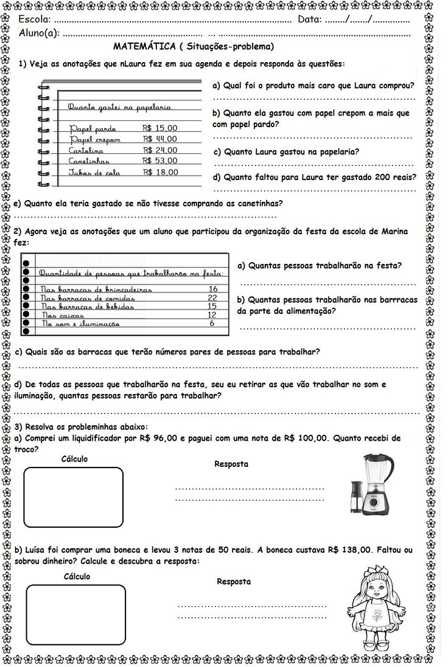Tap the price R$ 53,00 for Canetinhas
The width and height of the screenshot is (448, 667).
click(x=160, y=161)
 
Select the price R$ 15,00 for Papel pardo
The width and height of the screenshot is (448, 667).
click(x=159, y=128)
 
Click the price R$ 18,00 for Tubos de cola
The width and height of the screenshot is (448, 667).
click(x=161, y=172)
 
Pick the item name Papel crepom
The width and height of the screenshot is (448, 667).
click(x=95, y=140)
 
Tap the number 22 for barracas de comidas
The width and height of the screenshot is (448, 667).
click(x=212, y=297)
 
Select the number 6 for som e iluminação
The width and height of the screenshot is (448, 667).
click(x=212, y=323)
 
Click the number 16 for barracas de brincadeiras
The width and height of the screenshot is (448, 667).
click(x=212, y=289)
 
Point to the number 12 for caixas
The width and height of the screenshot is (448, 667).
click(x=212, y=315)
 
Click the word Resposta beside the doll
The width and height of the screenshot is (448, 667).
click(x=234, y=581)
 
